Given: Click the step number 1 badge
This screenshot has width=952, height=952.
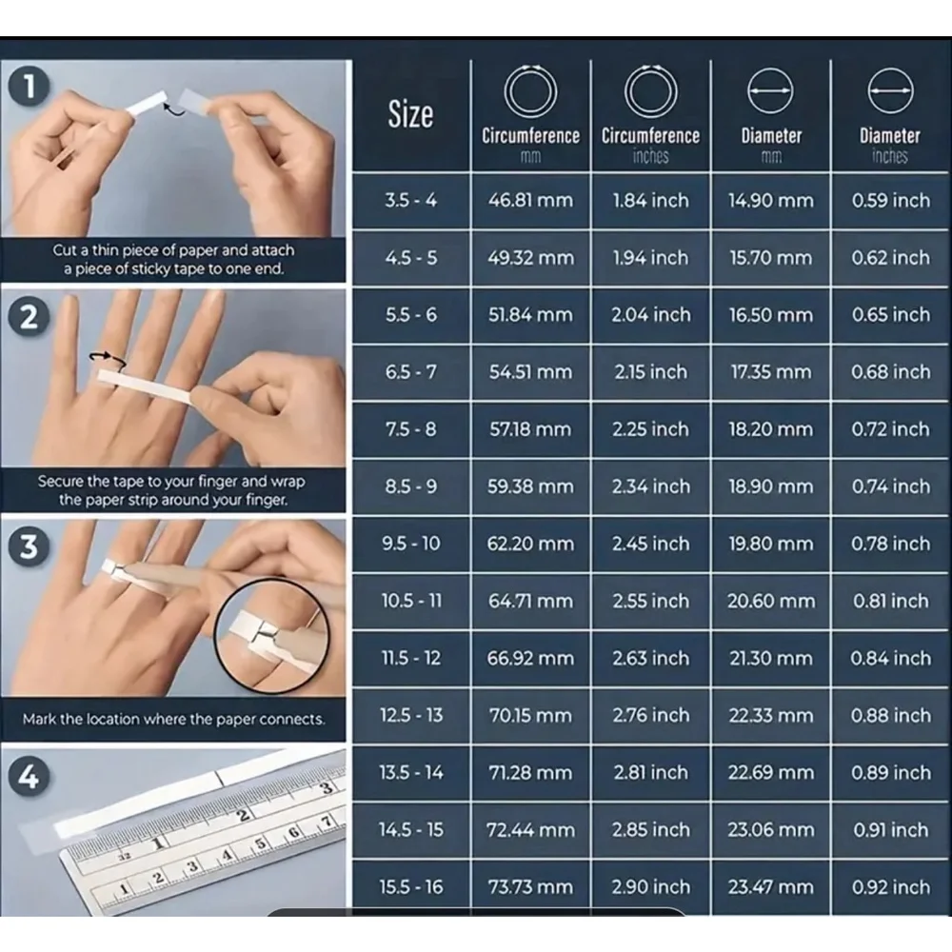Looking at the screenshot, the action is (x=28, y=87).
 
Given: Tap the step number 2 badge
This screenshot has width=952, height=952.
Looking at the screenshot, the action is (x=28, y=316).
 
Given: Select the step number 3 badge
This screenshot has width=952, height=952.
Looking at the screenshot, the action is (x=28, y=545).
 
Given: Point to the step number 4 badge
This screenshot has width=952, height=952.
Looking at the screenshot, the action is (x=28, y=777).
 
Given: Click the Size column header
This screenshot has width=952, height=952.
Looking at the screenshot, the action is (x=410, y=114).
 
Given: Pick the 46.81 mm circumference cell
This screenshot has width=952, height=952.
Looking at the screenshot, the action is (x=530, y=200).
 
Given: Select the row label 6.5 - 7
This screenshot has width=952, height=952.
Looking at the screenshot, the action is (x=411, y=371).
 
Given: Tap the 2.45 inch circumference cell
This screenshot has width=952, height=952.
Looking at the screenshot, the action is (x=650, y=544).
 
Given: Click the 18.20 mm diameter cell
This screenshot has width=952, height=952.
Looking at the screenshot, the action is (x=770, y=429).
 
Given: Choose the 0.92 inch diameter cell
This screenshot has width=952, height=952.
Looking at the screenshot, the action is (x=891, y=887).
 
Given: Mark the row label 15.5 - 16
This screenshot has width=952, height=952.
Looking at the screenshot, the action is (x=411, y=887).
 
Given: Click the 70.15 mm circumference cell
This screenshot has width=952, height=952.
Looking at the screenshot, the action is (x=530, y=715).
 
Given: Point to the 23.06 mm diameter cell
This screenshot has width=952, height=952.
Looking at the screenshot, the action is (x=770, y=830).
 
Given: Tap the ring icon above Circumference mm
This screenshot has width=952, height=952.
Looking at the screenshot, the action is (x=530, y=67).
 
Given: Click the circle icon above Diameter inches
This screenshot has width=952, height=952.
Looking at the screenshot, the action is (x=891, y=69).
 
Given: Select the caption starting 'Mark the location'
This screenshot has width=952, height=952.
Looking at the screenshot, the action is (x=173, y=720).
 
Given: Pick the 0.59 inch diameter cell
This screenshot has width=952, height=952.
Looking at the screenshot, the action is (x=891, y=200).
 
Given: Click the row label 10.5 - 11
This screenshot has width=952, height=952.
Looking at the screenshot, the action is (x=411, y=601).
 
